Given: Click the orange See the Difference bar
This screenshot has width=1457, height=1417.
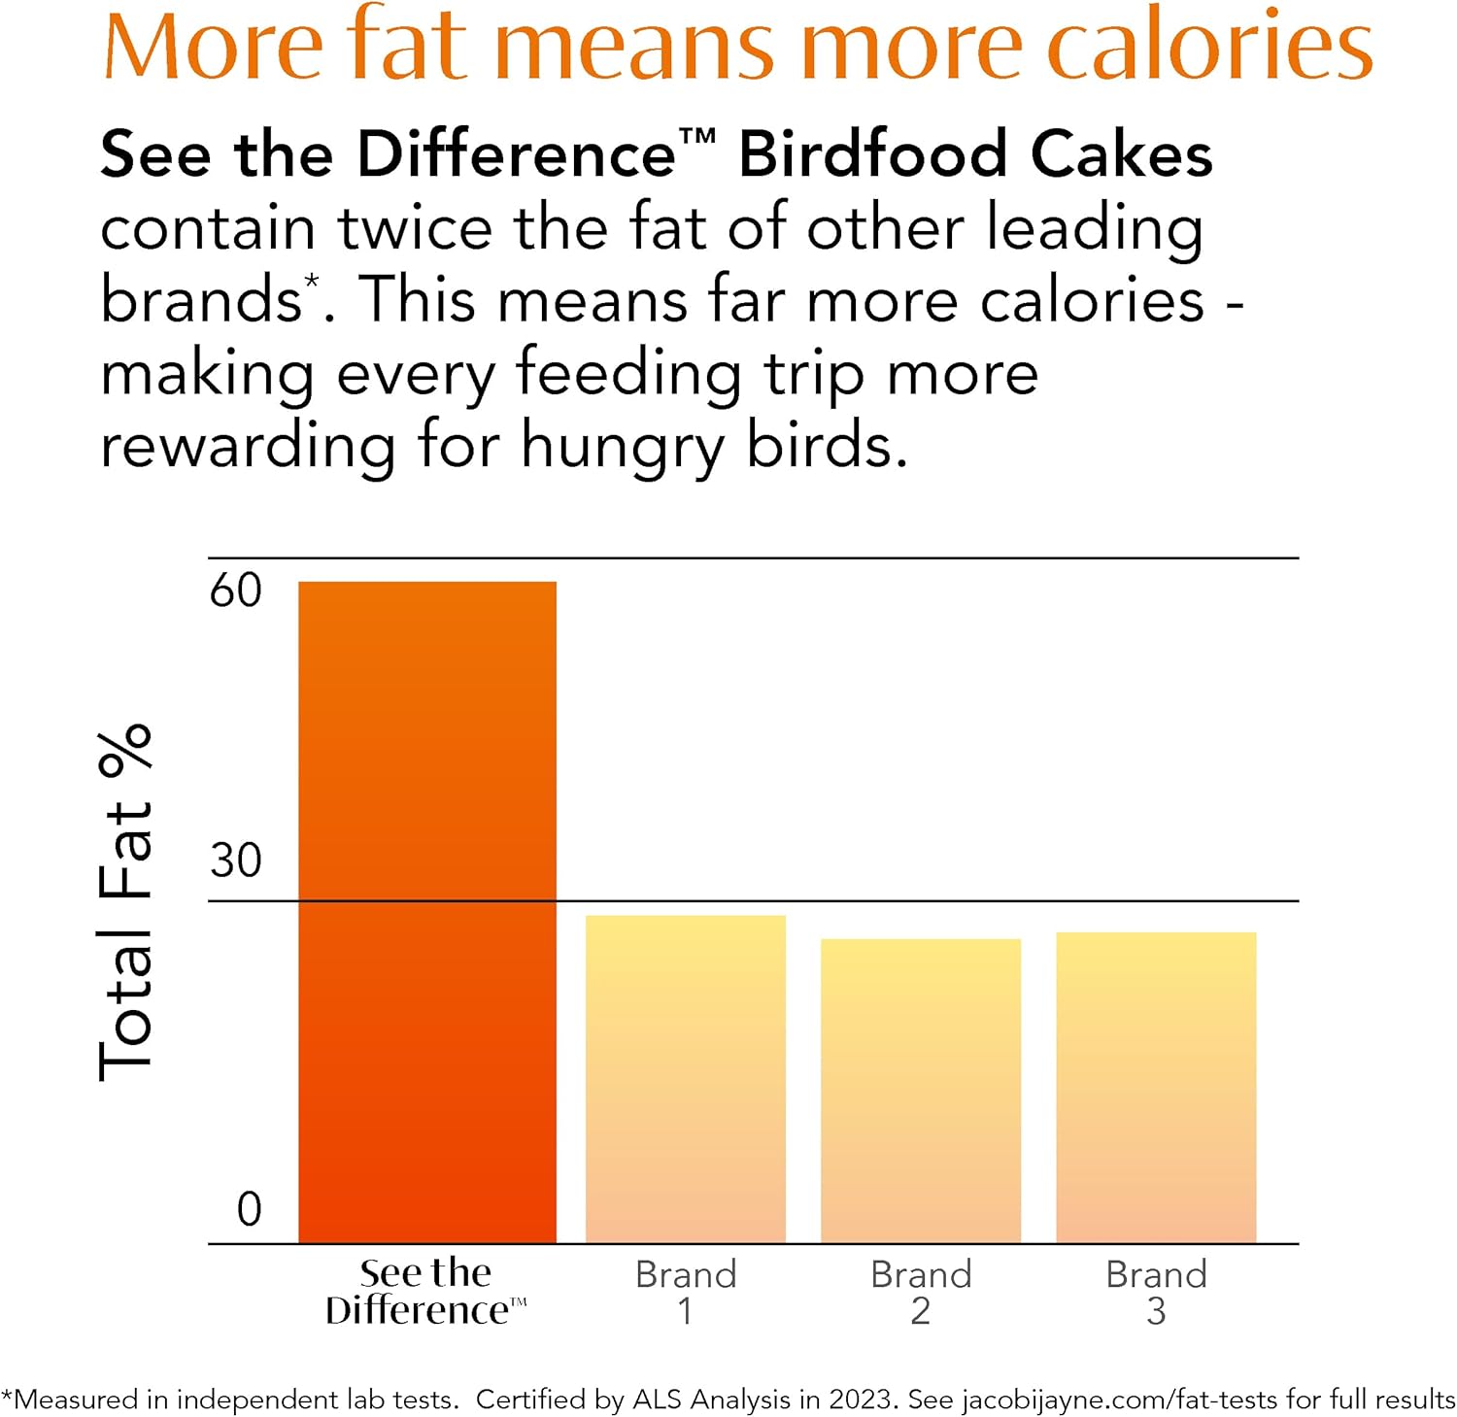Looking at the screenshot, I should pyautogui.click(x=426, y=912).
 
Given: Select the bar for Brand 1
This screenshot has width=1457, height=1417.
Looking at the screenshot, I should pyautogui.click(x=685, y=1078).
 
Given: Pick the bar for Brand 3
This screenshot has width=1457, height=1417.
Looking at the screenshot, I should pyautogui.click(x=1155, y=1087).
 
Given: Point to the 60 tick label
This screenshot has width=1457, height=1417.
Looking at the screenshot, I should pyautogui.click(x=236, y=590).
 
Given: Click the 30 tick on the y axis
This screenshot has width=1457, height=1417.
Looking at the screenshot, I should pyautogui.click(x=236, y=860).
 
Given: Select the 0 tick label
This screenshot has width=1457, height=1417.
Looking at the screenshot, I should pyautogui.click(x=249, y=1209).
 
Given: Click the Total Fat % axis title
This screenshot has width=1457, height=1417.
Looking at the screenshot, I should pyautogui.click(x=126, y=902).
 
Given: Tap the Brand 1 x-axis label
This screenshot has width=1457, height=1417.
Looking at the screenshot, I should pyautogui.click(x=686, y=1292).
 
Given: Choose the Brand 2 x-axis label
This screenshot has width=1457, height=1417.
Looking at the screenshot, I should pyautogui.click(x=921, y=1292).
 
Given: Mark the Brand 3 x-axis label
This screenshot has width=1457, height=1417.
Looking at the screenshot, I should pyautogui.click(x=1156, y=1292).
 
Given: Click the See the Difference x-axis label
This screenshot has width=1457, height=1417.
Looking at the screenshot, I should pyautogui.click(x=425, y=1292).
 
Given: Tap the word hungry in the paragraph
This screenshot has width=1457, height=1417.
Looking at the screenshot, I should pyautogui.click(x=623, y=448).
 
